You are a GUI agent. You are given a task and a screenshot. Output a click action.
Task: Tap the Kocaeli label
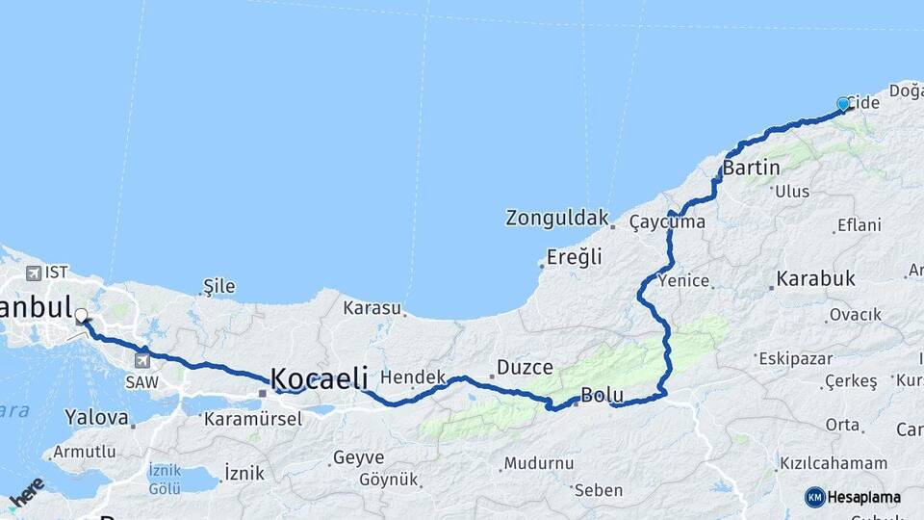pyautogui.click(x=319, y=378)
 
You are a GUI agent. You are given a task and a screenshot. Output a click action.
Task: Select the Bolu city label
pyautogui.click(x=603, y=396)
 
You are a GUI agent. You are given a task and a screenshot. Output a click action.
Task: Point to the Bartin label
pyautogui.click(x=751, y=169)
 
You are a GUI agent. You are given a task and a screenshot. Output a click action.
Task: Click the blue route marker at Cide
pyautogui.click(x=843, y=104)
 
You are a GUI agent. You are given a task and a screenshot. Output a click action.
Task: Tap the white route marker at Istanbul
pyautogui.click(x=81, y=315)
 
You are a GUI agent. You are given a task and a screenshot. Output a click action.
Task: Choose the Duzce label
pyautogui.click(x=525, y=368)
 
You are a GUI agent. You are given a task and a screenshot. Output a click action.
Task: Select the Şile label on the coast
pyautogui.click(x=218, y=286)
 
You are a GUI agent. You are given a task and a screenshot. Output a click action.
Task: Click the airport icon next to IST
pyautogui.click(x=35, y=273)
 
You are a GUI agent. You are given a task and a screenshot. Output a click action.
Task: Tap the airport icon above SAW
pyautogui.click(x=142, y=360)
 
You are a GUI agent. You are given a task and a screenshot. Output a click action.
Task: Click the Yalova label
pyautogui.click(x=96, y=418)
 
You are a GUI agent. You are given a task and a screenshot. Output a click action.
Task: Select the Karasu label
pyautogui.click(x=372, y=308)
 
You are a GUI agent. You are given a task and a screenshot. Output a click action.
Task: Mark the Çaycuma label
pyautogui.click(x=667, y=222)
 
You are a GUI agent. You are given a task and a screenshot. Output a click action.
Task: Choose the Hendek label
pyautogui.click(x=413, y=377)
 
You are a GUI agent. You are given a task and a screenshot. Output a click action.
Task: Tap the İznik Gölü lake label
pyautogui.click(x=165, y=479)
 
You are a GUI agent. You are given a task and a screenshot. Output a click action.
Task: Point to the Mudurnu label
pyautogui.click(x=538, y=463)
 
